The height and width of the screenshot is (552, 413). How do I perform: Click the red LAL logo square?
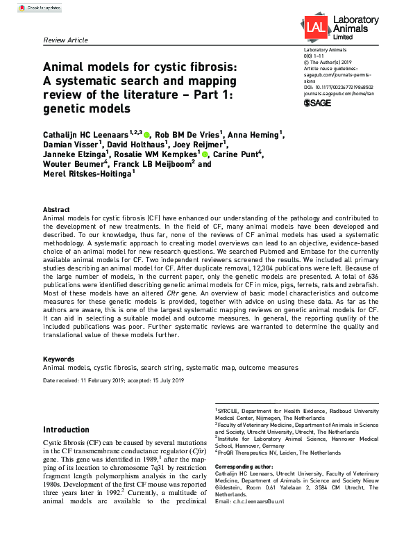click(316, 27)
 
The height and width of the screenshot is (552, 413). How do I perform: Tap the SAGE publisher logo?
click(319, 103)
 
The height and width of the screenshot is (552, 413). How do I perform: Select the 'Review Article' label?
click(66, 40)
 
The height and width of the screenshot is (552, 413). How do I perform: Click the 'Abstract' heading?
click(56, 210)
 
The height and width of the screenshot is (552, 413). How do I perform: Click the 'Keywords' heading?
click(58, 359)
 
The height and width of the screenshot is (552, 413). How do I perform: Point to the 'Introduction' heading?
click(66, 430)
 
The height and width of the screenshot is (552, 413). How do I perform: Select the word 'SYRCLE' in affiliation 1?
click(229, 412)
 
